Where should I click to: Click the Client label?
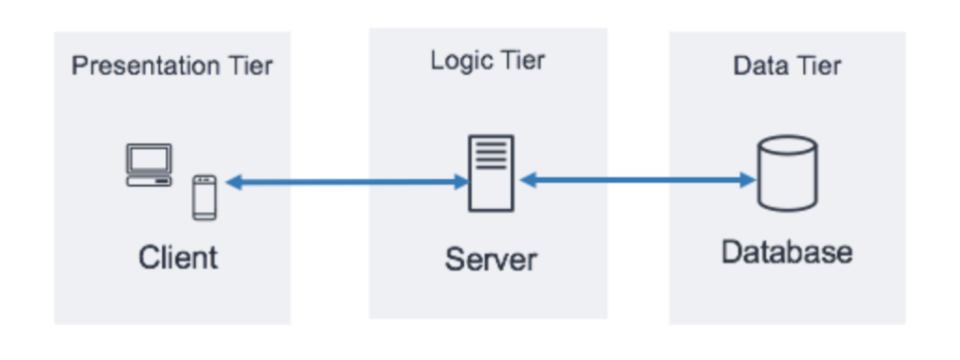click(x=178, y=256)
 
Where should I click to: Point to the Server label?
click(x=490, y=258)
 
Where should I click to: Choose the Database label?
click(x=787, y=252)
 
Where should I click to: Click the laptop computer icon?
click(x=149, y=165)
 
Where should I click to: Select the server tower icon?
click(x=490, y=172)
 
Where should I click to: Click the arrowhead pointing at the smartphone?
click(x=232, y=183)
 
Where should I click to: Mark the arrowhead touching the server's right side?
click(x=528, y=180)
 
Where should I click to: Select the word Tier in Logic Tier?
click(x=522, y=61)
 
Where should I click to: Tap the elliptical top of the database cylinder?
click(x=787, y=147)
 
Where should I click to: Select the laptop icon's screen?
click(x=149, y=158)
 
